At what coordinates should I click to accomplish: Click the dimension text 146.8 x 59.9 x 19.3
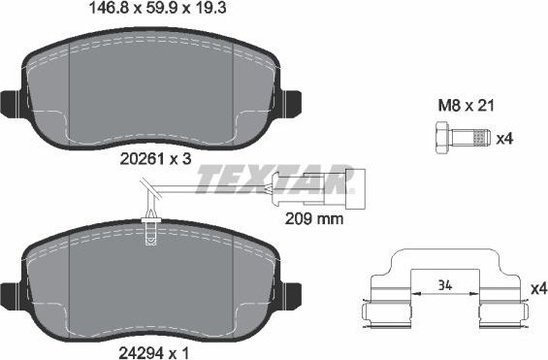coord(149,13)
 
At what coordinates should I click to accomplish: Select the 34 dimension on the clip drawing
coord(445,284)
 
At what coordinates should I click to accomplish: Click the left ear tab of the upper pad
coord(12,101)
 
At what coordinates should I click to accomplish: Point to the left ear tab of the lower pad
coord(12,290)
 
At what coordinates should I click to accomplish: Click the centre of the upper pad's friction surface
coord(149,92)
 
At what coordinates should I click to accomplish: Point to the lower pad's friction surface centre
coord(149,281)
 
